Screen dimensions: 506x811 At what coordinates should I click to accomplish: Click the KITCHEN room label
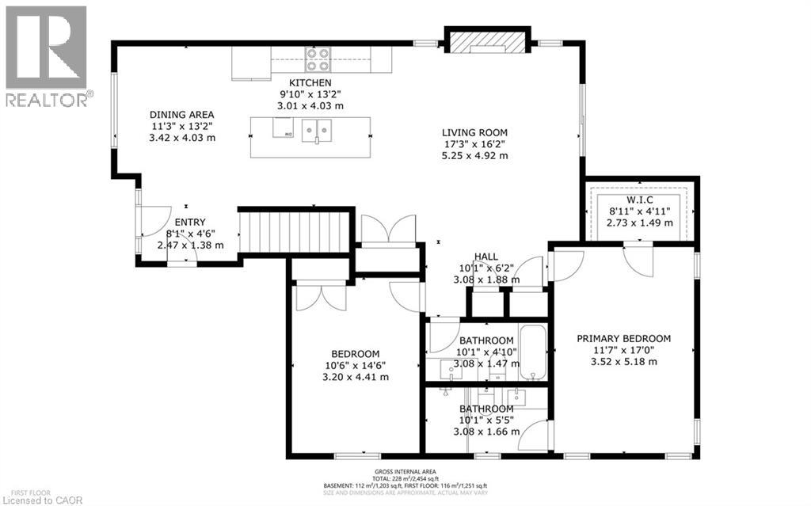pyautogui.click(x=310, y=82)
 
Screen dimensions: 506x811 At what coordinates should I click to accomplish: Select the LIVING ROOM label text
pyautogui.click(x=474, y=132)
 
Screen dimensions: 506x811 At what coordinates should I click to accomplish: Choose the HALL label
pyautogui.click(x=485, y=257)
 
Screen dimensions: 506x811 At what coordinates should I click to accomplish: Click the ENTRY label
pyautogui.click(x=190, y=223)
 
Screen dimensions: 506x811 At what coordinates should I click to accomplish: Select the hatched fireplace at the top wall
pyautogui.click(x=486, y=40)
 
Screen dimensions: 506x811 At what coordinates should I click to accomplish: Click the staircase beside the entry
pyautogui.click(x=295, y=230)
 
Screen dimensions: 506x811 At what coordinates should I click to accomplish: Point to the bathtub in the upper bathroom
pyautogui.click(x=532, y=352)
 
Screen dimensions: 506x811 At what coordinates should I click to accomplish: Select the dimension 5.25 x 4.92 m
pyautogui.click(x=474, y=156)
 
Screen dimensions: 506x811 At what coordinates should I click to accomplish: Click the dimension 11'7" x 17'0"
pyautogui.click(x=624, y=350)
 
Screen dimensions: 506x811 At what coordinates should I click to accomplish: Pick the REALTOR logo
pyautogui.click(x=46, y=56)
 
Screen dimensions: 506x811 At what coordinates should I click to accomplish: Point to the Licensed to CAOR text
pyautogui.click(x=35, y=499)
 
